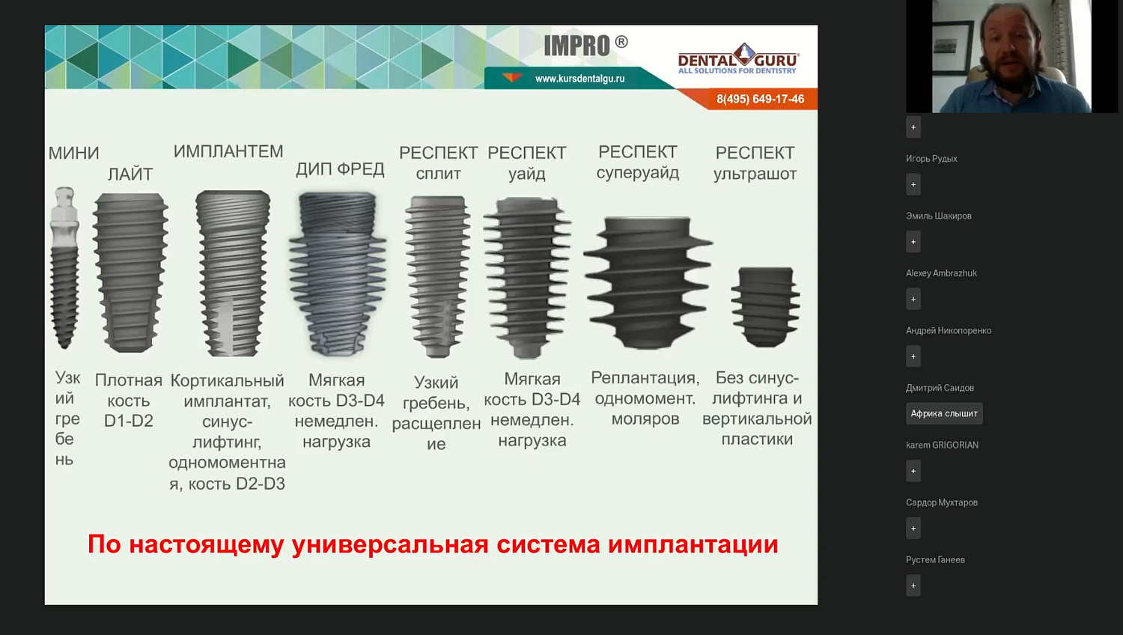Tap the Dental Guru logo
point(738,59)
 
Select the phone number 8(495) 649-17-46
point(760,100)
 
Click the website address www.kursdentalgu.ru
point(579,79)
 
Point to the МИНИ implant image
point(64,268)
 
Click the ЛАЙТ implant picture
point(130,273)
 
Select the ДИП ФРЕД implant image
point(338,274)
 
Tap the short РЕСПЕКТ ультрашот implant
point(765,306)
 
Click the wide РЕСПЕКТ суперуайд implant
point(648,282)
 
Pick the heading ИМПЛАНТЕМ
point(228,152)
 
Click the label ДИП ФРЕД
point(340,169)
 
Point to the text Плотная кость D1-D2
point(129,401)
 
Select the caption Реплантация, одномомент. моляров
point(645,398)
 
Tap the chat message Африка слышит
point(944,413)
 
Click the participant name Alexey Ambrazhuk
point(941,273)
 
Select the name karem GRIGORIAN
point(942,445)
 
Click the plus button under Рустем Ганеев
point(913,586)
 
